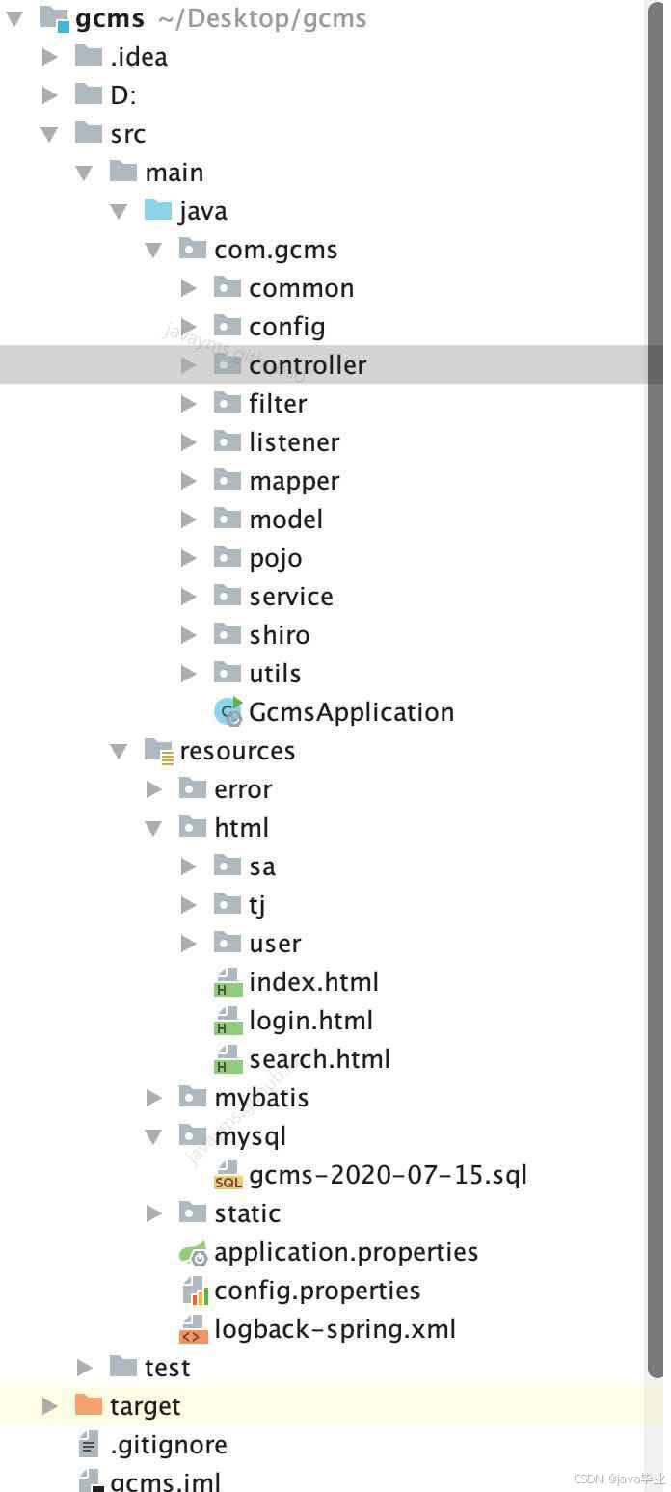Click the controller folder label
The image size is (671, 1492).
[x=308, y=365]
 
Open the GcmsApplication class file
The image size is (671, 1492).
[x=351, y=712]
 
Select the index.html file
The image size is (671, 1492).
[x=313, y=982]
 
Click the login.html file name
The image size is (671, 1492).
[x=310, y=1021]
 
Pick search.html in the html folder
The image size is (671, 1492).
[x=319, y=1059]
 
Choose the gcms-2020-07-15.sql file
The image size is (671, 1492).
[x=388, y=1174]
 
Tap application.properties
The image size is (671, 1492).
[x=346, y=1252]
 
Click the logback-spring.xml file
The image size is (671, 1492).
[x=335, y=1329]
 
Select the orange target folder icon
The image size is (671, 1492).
[x=88, y=1405]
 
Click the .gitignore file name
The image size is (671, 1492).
[x=169, y=1445]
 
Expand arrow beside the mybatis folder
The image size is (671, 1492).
[x=153, y=1098]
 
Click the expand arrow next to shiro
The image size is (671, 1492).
[x=189, y=635]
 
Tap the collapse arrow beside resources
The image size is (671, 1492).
[x=119, y=752]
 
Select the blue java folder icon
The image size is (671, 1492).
[x=158, y=210]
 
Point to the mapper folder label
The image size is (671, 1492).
[x=294, y=482]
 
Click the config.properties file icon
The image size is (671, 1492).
[x=194, y=1291]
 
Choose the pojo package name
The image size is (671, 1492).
[x=275, y=559]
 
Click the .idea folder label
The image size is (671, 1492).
[x=139, y=57]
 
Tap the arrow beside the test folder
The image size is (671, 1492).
[x=84, y=1368]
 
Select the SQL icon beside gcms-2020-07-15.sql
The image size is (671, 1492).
[x=228, y=1176]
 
